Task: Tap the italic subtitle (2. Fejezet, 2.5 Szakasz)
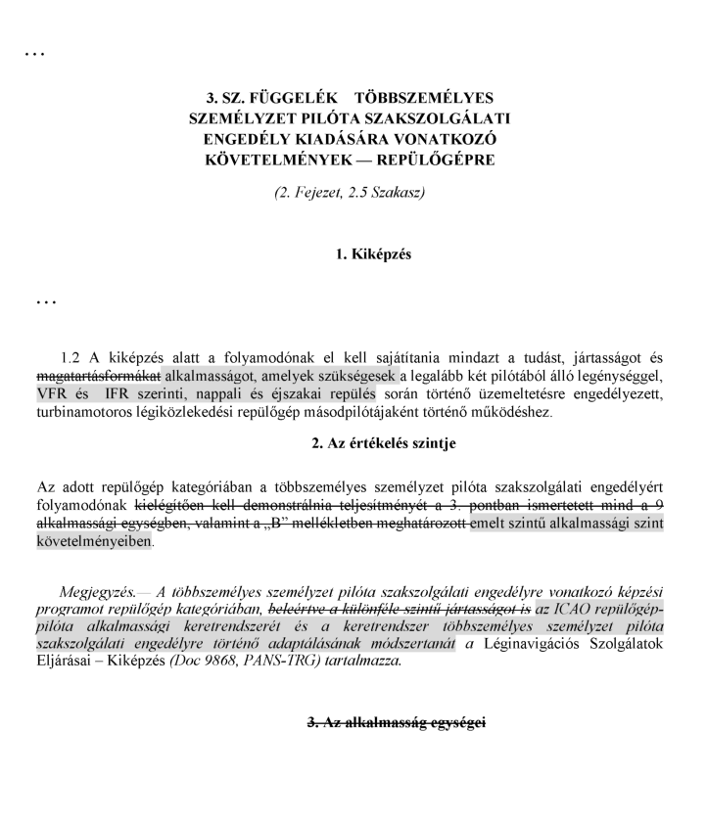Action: [350, 192]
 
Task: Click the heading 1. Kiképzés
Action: [373, 254]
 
